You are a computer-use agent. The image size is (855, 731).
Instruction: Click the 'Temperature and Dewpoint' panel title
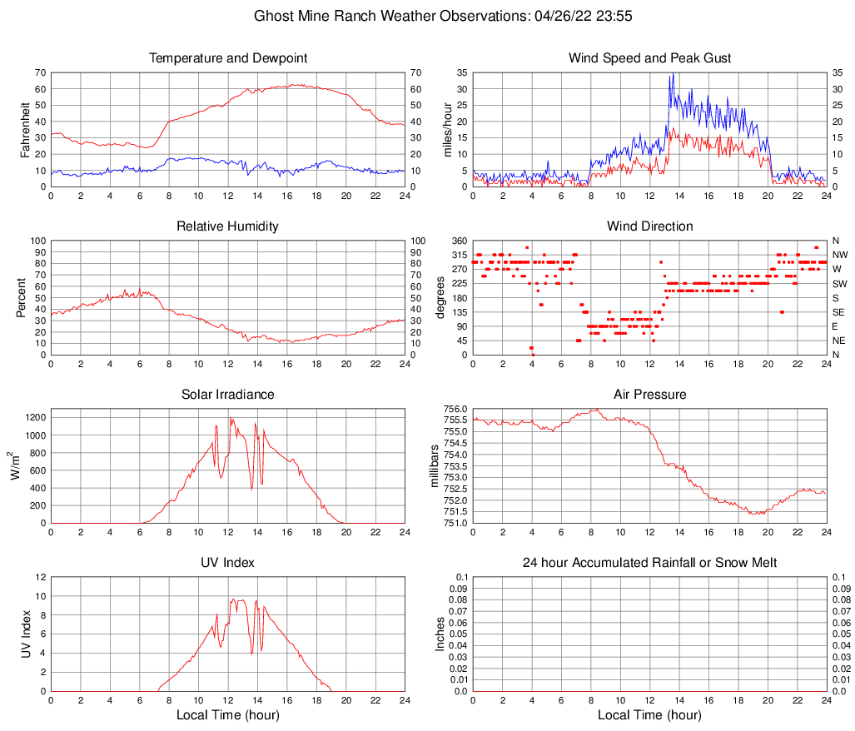coord(227,58)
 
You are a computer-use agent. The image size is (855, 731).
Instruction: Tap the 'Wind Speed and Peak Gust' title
coord(649,58)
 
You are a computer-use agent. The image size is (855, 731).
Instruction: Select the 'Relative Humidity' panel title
coord(227,226)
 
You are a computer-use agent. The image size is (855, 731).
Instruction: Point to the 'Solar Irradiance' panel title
coord(227,395)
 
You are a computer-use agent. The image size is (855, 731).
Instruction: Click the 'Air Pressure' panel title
coord(649,395)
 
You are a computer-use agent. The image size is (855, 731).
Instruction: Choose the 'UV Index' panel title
coord(227,563)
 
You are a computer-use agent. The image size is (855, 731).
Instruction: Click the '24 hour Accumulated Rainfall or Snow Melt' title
coord(649,563)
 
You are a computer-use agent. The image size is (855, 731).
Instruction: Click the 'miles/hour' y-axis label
coord(447,129)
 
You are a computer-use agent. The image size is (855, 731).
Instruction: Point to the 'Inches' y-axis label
coord(440,634)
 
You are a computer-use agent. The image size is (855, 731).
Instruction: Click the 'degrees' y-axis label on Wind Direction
coord(440,297)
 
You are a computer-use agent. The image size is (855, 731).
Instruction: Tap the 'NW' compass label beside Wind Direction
coord(839,255)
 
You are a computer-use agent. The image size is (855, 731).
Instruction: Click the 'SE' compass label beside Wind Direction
coord(838,312)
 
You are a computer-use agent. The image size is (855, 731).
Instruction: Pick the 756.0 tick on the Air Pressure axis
coord(455,409)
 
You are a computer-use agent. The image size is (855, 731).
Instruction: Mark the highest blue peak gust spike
coord(672,74)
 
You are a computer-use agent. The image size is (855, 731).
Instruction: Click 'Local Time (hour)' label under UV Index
coord(227,715)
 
